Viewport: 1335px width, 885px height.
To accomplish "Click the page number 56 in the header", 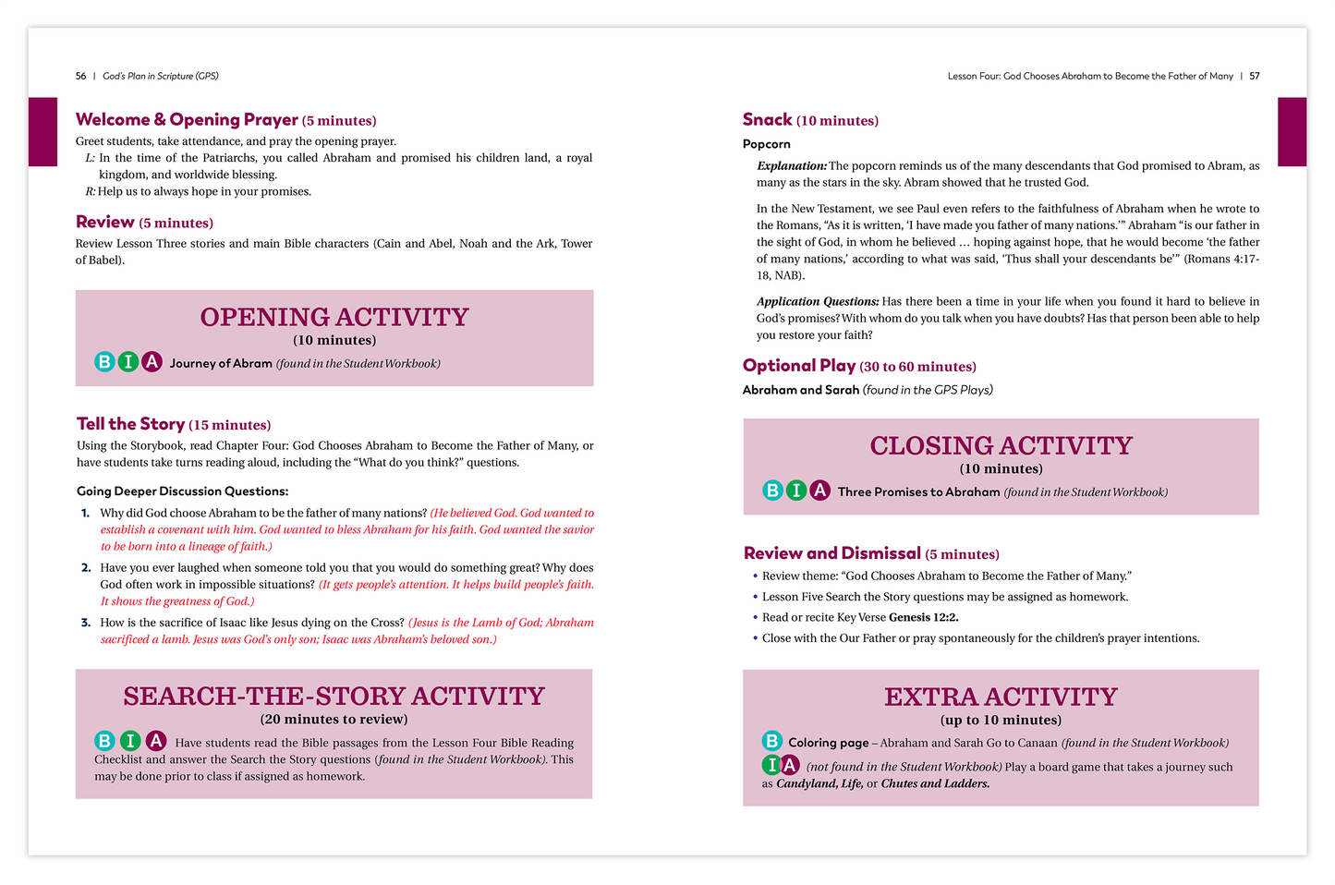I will coord(80,76).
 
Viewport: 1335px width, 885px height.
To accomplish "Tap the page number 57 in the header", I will coord(1255,76).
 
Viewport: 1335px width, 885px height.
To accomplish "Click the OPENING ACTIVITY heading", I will coord(334,317).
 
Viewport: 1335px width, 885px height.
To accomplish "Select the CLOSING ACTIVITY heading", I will coord(1001,445).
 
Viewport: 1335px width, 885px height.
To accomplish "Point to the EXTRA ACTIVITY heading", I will coord(1001,697).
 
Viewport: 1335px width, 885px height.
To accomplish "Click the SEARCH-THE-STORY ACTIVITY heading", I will coord(334,696).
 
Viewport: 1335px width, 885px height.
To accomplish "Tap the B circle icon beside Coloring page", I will coord(771,741).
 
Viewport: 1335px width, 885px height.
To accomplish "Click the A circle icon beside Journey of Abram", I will coord(152,362).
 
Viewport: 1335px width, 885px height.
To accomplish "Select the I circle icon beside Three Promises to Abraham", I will coord(795,491).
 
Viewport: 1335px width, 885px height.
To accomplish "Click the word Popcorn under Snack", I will coord(767,144).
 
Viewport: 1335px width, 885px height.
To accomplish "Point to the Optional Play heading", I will coord(799,366).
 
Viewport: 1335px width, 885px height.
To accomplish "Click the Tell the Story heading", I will coord(130,424).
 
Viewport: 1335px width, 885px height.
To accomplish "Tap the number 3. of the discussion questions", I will coord(86,623).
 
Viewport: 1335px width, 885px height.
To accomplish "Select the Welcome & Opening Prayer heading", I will coord(187,120).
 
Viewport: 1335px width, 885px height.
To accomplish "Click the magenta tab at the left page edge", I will coord(42,131).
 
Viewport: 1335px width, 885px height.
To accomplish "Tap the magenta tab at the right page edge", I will coord(1292,131).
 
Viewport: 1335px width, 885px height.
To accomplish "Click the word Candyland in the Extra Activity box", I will coord(806,783).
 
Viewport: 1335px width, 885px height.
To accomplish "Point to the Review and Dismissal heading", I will coord(831,553).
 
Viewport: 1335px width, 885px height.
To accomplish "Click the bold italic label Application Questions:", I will coord(818,301).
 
